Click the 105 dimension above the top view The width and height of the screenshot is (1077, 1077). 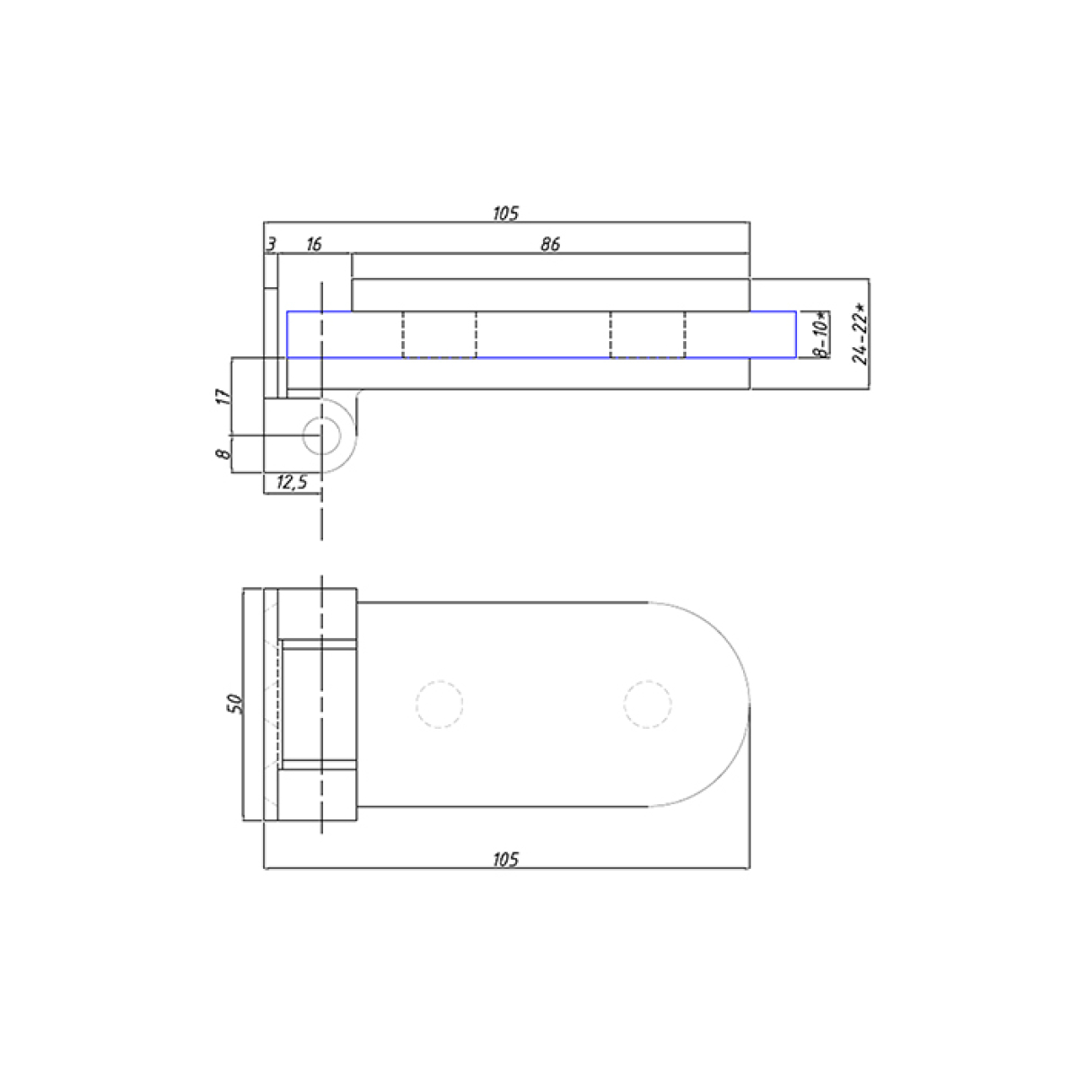[505, 213]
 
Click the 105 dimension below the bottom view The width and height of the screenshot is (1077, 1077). [505, 859]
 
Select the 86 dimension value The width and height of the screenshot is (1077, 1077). [550, 244]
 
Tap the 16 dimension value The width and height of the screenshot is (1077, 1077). [314, 244]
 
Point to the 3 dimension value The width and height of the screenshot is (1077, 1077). [271, 244]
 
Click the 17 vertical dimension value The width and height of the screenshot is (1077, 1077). [223, 397]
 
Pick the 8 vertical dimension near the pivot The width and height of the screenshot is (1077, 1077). [223, 453]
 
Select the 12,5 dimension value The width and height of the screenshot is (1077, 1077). [292, 482]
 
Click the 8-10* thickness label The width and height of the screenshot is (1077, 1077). [820, 334]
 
